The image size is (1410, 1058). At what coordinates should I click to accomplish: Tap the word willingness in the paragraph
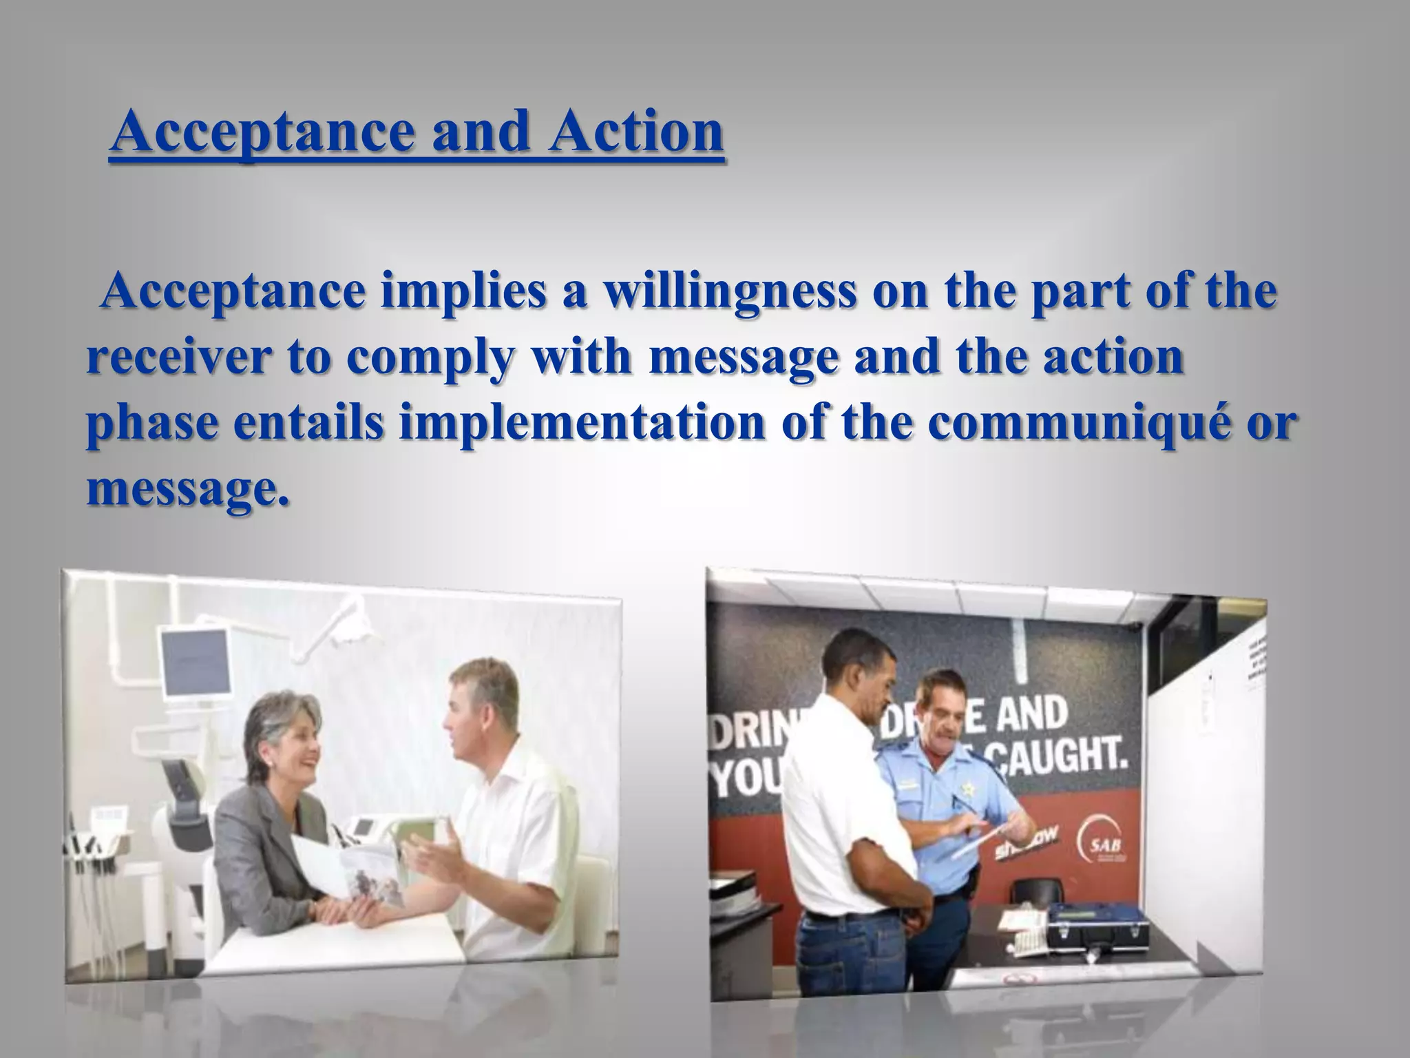point(730,291)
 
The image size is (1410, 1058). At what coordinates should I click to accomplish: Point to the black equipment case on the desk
point(1099,926)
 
